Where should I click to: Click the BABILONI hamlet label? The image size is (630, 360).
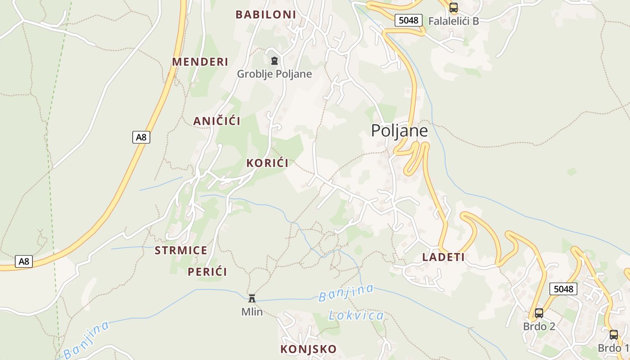[x=265, y=14]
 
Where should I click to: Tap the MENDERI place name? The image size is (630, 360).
[x=200, y=62]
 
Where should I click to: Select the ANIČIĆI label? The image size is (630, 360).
[x=216, y=121]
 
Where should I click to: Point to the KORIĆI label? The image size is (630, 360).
[x=267, y=163]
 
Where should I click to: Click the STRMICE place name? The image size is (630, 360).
[x=181, y=250]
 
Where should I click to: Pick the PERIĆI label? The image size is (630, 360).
[x=207, y=271]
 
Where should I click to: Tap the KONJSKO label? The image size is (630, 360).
[x=308, y=349]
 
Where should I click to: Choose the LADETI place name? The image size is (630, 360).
[x=443, y=257]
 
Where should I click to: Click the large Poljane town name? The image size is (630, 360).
[x=399, y=130]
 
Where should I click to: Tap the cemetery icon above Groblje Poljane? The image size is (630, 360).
[x=274, y=61]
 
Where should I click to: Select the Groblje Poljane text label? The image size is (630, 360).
[x=274, y=74]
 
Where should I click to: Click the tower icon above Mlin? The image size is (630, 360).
[x=252, y=298]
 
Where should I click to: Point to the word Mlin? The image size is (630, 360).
[x=252, y=311]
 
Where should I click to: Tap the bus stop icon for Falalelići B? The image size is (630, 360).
[x=453, y=8]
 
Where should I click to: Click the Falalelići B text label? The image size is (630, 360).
[x=453, y=21]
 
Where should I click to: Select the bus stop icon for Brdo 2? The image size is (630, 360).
[x=539, y=313]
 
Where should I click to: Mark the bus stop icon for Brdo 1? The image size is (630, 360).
[x=613, y=335]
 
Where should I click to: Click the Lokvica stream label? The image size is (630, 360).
[x=356, y=315]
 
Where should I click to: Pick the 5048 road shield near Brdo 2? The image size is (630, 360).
[x=563, y=288]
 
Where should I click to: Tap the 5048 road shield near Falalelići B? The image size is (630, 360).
[x=408, y=20]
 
